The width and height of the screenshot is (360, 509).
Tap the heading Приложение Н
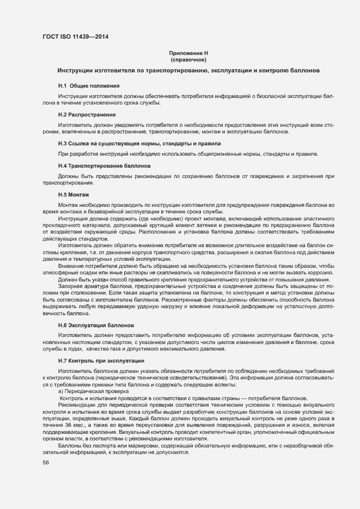pos(189,53)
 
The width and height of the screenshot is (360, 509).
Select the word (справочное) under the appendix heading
pos(189,59)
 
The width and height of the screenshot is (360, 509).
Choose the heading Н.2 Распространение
pos(87,115)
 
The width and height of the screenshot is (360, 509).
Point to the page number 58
pos(46,463)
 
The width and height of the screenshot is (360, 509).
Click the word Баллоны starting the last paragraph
pos(70,446)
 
